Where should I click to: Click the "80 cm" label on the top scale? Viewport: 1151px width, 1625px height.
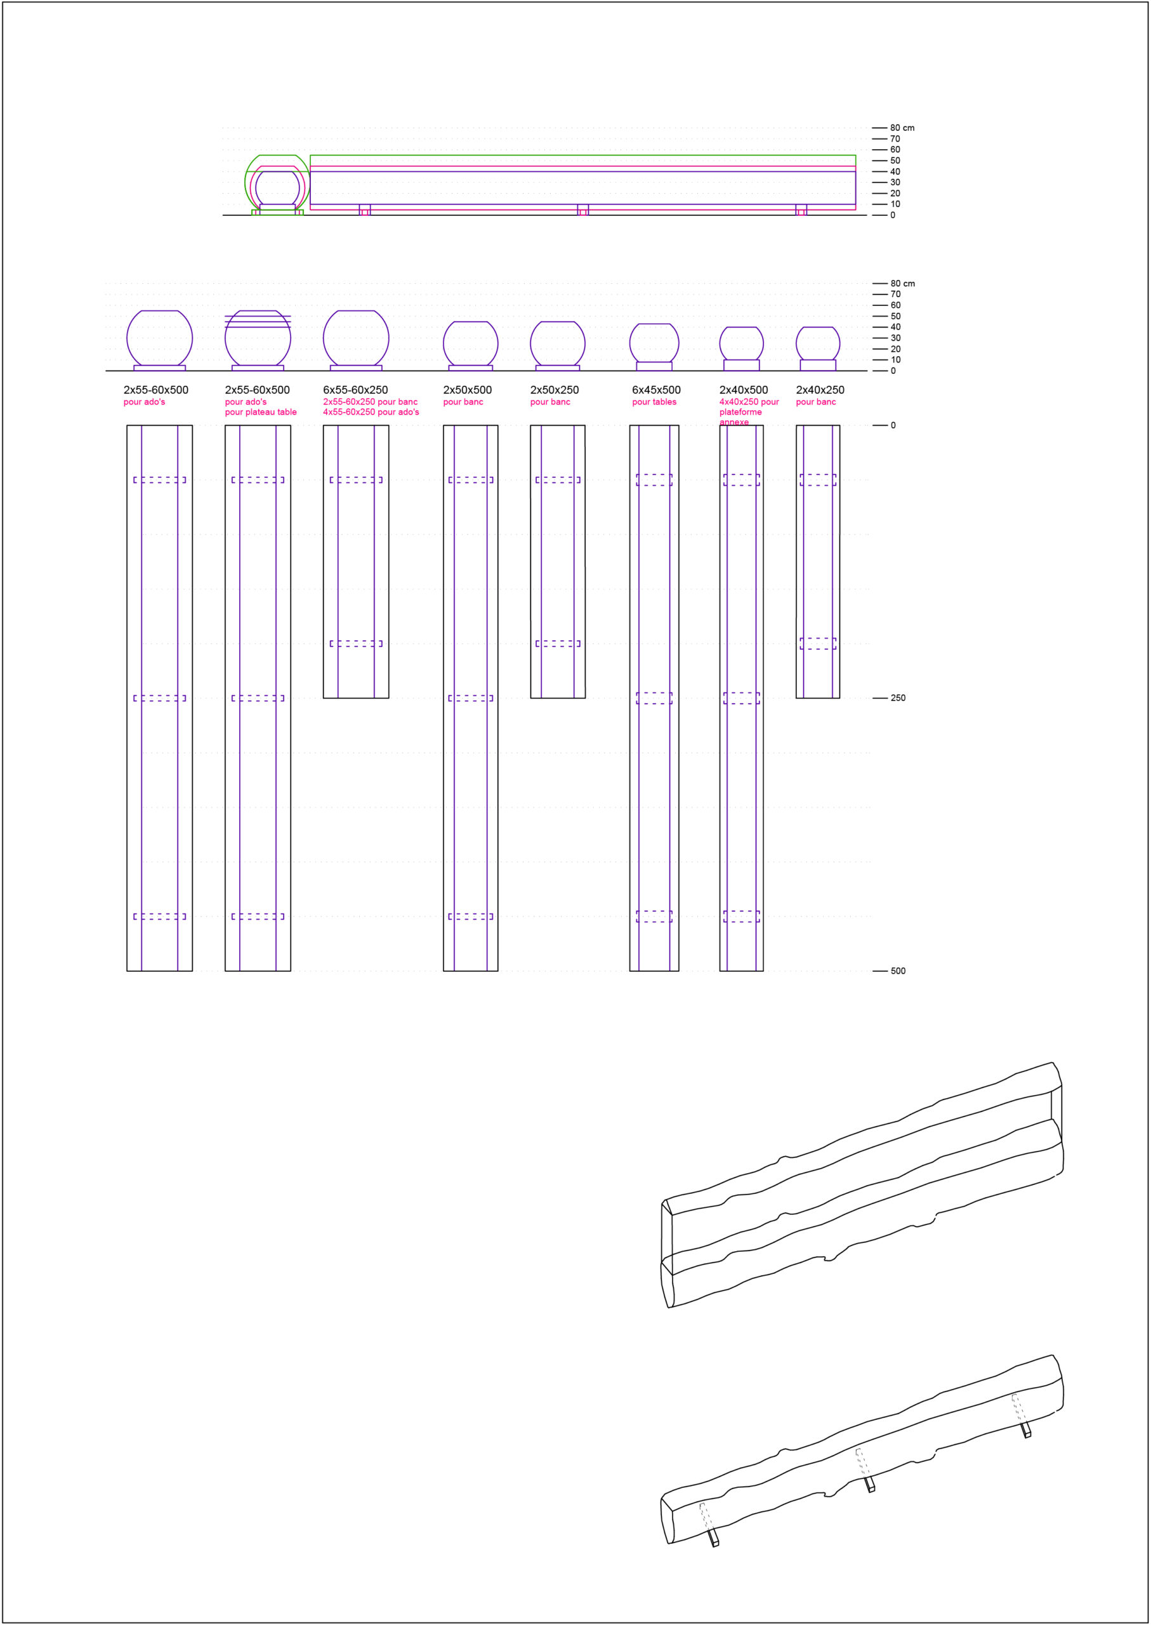tap(902, 128)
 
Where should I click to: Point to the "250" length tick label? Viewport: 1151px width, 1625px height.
tap(898, 698)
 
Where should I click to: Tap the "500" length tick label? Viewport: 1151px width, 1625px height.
tap(898, 971)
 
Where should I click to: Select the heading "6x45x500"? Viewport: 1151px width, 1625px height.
tap(656, 390)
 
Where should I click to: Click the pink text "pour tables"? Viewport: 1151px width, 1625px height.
tap(654, 402)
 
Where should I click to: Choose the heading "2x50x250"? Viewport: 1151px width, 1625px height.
tap(554, 390)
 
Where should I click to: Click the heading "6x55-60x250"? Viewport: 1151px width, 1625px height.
tap(355, 390)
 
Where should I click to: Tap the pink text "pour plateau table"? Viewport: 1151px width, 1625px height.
tap(261, 412)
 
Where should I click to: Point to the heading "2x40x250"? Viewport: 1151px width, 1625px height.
tap(820, 390)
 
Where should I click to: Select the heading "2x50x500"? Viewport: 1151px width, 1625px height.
tap(467, 390)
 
